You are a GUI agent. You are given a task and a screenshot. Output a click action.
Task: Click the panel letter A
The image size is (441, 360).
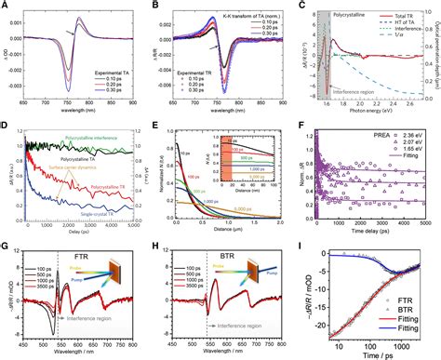click(6, 7)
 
